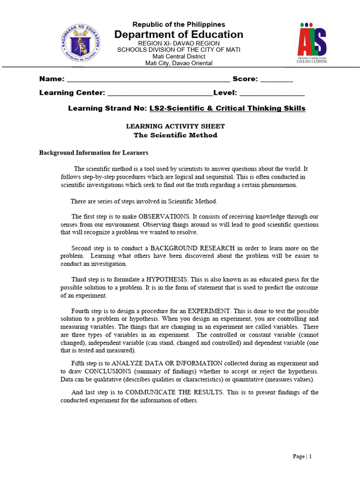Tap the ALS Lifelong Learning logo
coord(312,43)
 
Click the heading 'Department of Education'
coord(179,34)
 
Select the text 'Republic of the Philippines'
coord(179,24)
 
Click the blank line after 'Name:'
coord(149,79)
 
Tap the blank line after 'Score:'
coord(277,79)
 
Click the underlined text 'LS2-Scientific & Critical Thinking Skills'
coord(227,108)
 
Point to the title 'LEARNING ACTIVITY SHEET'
coord(175,126)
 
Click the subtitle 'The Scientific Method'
coord(175,135)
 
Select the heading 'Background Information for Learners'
coord(93,153)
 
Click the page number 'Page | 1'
coord(302,456)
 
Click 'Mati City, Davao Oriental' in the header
coord(179,63)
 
